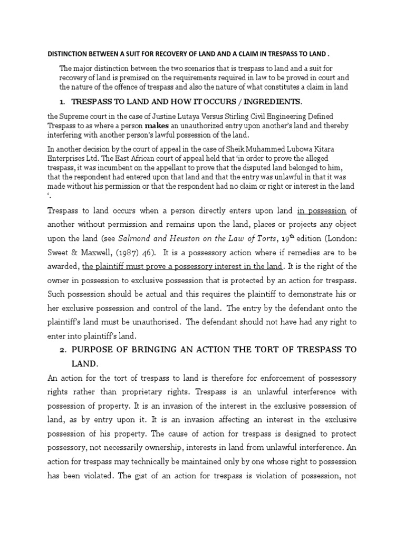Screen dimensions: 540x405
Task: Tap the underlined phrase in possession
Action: [x=322, y=211]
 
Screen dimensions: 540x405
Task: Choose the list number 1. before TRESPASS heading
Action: [x=62, y=101]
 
